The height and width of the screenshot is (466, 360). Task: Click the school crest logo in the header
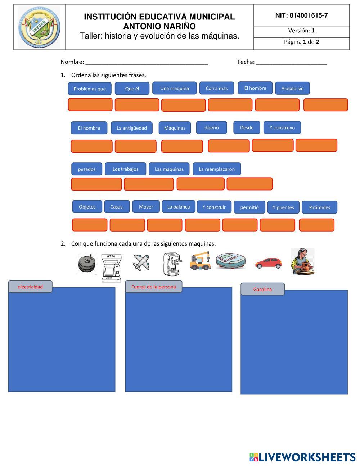pos(39,27)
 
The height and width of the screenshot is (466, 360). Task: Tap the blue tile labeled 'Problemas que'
pos(90,89)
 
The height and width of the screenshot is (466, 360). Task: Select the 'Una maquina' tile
pos(174,88)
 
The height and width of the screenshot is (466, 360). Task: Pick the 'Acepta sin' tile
pos(292,88)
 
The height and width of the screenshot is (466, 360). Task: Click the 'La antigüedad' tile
pos(131,128)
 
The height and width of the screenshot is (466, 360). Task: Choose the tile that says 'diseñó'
pos(211,127)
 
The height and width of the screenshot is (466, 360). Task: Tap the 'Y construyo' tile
pos(282,127)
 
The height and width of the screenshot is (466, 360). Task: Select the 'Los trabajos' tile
pos(125,169)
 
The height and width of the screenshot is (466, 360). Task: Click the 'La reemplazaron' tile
pos(217,169)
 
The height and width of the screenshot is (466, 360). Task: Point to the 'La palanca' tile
pos(178,207)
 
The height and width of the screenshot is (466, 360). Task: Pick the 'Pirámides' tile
pos(319,207)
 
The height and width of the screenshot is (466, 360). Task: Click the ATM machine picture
pos(111,268)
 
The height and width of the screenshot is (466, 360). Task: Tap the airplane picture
pos(141,262)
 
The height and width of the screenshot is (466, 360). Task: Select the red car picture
pos(269,263)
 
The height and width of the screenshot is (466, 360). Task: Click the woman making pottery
pos(302,261)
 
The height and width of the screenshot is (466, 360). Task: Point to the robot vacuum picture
pos(231,260)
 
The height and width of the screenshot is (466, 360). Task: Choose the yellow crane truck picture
pos(201,261)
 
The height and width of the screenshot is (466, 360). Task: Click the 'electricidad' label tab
pos(30,287)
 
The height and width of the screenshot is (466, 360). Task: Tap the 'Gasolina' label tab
pos(262,289)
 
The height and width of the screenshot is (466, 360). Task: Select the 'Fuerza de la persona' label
pos(154,287)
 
